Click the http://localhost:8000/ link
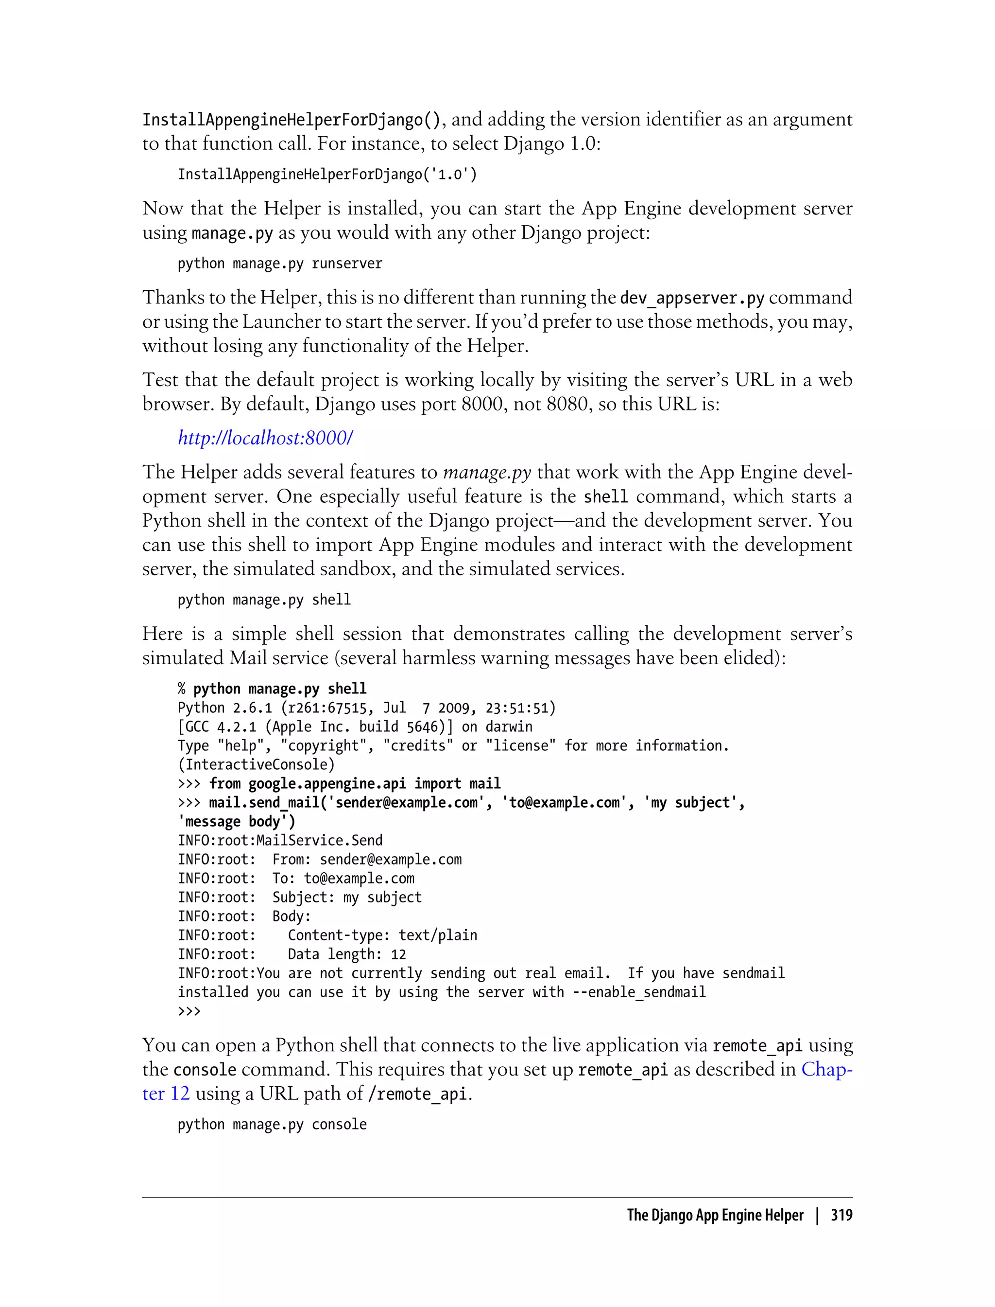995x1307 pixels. click(x=265, y=438)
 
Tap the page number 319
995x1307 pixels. click(x=841, y=1216)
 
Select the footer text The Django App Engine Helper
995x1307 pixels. click(x=715, y=1216)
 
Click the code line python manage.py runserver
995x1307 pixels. click(x=279, y=264)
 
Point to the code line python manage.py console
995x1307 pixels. click(x=272, y=1125)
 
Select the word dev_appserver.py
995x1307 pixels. click(x=692, y=298)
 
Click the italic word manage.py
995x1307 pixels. click(x=487, y=473)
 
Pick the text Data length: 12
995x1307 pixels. click(x=346, y=954)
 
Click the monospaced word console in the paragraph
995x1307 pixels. click(x=205, y=1070)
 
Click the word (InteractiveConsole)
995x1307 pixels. click(x=256, y=765)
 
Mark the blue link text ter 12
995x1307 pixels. click(x=166, y=1094)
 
